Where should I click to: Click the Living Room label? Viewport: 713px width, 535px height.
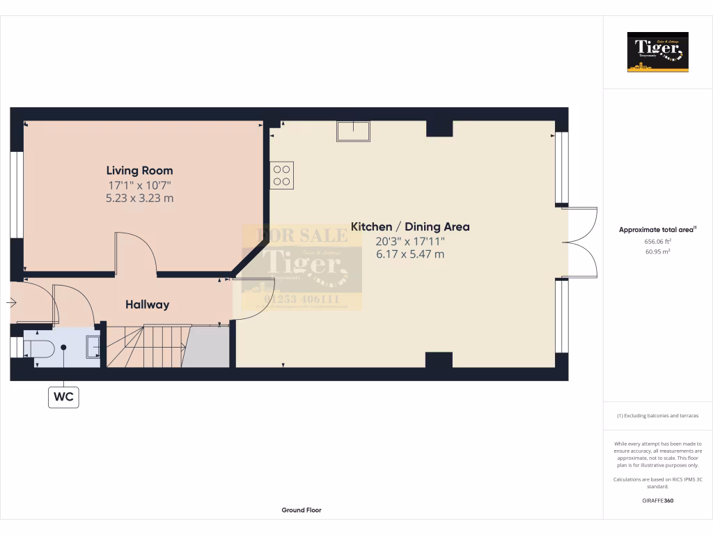pyautogui.click(x=139, y=170)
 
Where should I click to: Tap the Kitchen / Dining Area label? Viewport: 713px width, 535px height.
pyautogui.click(x=409, y=226)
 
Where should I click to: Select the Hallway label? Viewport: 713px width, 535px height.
pyautogui.click(x=147, y=304)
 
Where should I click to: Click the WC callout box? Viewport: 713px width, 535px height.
pyautogui.click(x=63, y=398)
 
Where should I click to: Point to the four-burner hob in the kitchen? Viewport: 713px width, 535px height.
pyautogui.click(x=282, y=174)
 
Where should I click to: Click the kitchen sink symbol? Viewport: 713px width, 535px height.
pyautogui.click(x=354, y=130)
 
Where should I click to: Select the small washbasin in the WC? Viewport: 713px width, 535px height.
pyautogui.click(x=93, y=346)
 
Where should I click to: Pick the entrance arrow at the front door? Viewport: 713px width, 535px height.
pyautogui.click(x=12, y=303)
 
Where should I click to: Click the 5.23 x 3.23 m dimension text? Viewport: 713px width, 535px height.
pyautogui.click(x=139, y=199)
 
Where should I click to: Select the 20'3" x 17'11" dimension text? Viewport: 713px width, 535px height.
pyautogui.click(x=409, y=241)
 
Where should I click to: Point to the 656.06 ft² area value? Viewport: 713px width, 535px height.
pyautogui.click(x=657, y=241)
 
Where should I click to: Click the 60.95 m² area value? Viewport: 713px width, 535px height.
pyautogui.click(x=657, y=251)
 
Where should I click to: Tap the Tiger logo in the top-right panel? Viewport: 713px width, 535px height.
pyautogui.click(x=657, y=52)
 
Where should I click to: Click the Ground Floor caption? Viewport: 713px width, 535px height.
pyautogui.click(x=301, y=510)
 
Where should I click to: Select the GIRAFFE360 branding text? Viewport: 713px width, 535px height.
pyautogui.click(x=657, y=501)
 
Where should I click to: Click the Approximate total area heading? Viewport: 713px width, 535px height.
pyautogui.click(x=657, y=229)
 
